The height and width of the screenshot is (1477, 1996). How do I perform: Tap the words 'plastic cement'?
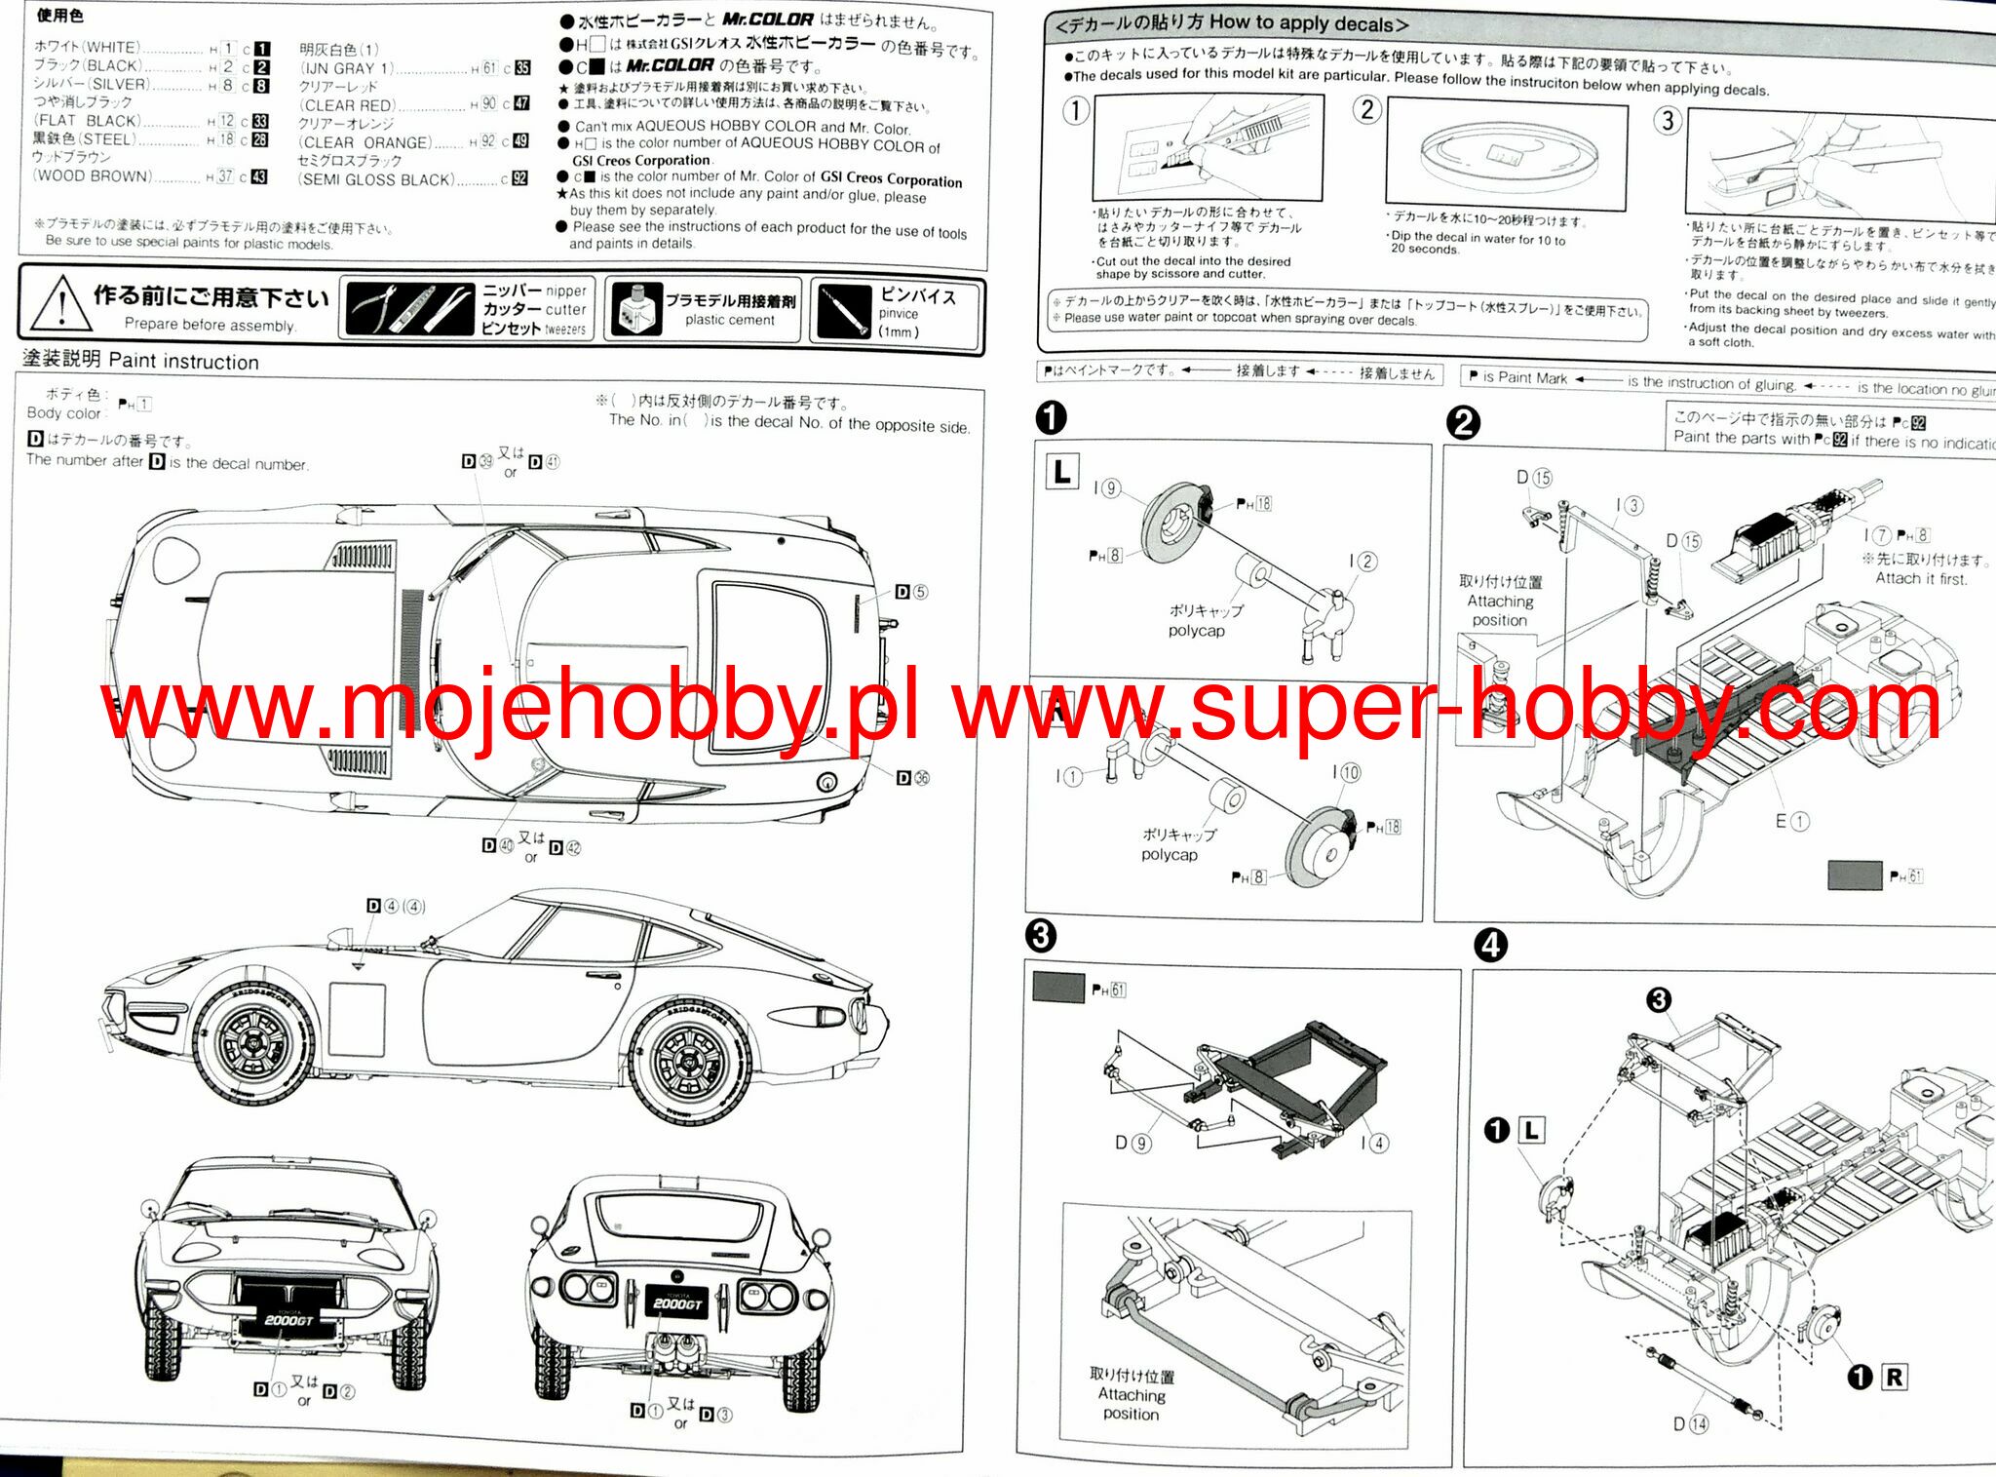[729, 320]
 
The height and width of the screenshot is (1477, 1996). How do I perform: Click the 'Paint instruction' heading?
[183, 362]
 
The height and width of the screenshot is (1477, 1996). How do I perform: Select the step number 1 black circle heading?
[1051, 418]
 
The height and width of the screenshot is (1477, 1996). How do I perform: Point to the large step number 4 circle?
[1491, 945]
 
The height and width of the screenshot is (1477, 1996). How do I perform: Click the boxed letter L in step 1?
[1061, 473]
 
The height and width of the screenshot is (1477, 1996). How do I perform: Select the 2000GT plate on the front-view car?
[288, 1320]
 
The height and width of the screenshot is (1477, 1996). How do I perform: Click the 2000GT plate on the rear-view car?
[676, 1303]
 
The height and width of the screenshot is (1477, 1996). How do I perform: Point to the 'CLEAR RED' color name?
[347, 105]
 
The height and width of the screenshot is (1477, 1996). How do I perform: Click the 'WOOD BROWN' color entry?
[94, 176]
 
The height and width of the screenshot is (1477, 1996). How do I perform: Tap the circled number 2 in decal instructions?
[1367, 109]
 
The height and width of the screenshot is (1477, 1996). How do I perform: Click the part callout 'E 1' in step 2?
[1791, 821]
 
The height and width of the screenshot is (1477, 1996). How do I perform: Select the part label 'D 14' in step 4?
[1691, 1424]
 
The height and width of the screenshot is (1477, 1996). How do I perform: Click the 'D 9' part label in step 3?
[1133, 1143]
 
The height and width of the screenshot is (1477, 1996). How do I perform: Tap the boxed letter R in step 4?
[1894, 1377]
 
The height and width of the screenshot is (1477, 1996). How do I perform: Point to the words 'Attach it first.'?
[1921, 578]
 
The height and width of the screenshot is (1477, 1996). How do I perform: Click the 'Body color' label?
[63, 413]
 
